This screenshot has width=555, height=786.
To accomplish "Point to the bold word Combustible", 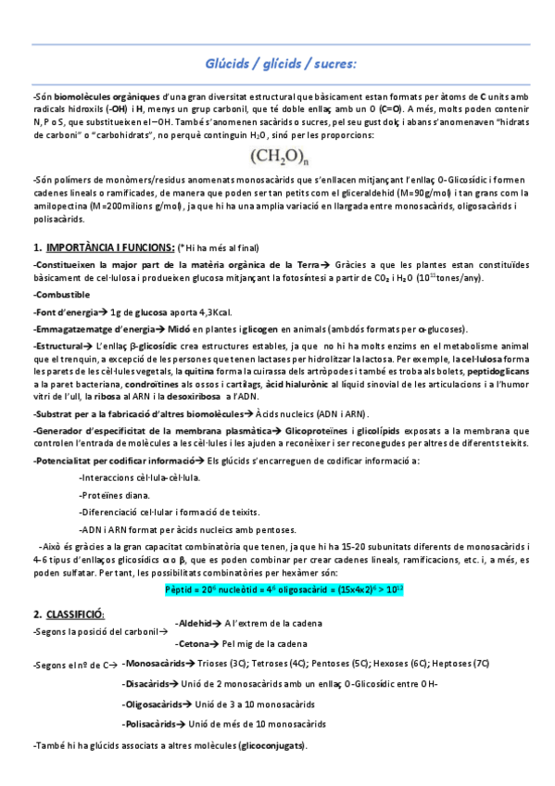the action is (64, 295).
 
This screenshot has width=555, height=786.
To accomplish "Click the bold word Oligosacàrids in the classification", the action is (153, 704).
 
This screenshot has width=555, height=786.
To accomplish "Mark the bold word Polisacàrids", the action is (150, 724).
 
